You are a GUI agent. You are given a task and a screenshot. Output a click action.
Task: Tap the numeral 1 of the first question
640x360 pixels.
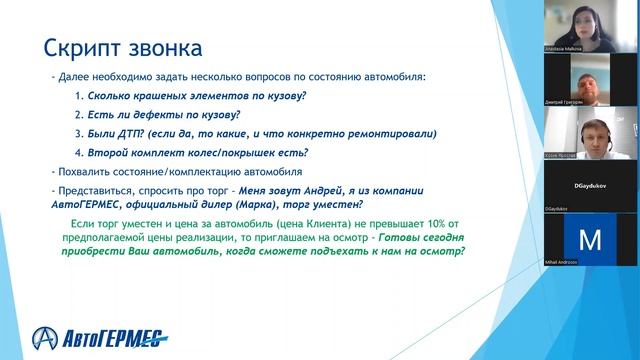(79, 96)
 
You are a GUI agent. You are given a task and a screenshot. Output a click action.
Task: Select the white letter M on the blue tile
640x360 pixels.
(590, 241)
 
